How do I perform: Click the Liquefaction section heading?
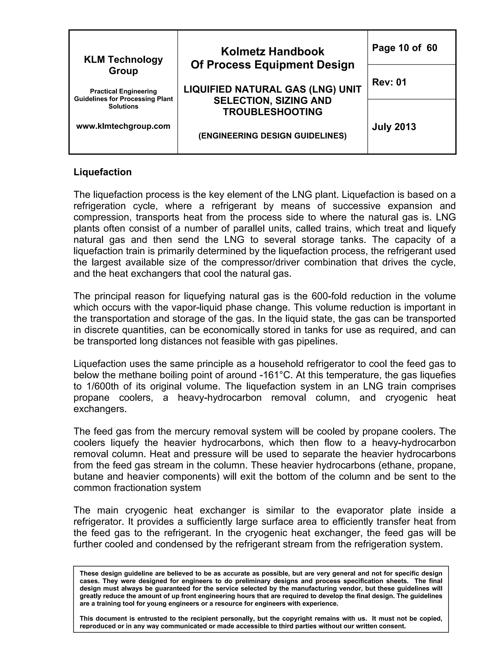(103, 172)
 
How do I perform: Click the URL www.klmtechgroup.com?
(123, 126)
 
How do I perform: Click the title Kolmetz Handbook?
(272, 52)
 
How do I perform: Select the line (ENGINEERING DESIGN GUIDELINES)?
(272, 136)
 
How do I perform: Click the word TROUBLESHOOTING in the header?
(272, 112)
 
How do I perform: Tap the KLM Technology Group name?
(123, 65)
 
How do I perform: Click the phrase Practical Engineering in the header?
(123, 91)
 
